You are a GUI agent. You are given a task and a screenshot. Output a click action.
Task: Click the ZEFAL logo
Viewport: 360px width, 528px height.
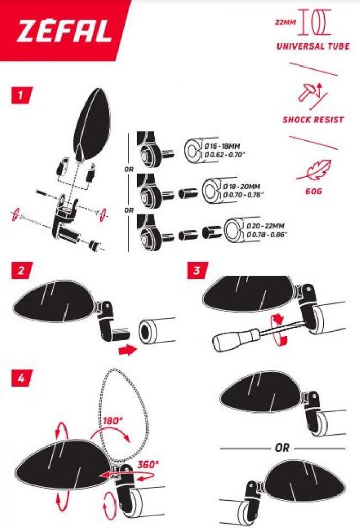pyautogui.click(x=63, y=32)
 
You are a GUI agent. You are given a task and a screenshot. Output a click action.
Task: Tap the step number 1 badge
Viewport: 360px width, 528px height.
pyautogui.click(x=20, y=95)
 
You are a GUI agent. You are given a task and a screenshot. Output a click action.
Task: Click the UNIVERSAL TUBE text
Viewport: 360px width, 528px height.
pyautogui.click(x=313, y=46)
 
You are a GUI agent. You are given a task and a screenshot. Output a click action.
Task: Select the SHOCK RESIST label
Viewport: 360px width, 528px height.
pyautogui.click(x=313, y=120)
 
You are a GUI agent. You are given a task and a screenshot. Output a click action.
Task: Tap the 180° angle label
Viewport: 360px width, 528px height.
pyautogui.click(x=113, y=420)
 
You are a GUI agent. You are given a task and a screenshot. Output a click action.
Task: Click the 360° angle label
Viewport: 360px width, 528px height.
pyautogui.click(x=148, y=464)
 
